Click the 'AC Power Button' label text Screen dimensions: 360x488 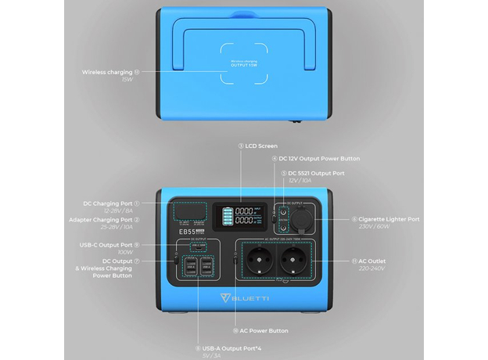pyautogui.click(x=261, y=331)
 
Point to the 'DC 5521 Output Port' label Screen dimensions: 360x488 pyautogui.click(x=316, y=172)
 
